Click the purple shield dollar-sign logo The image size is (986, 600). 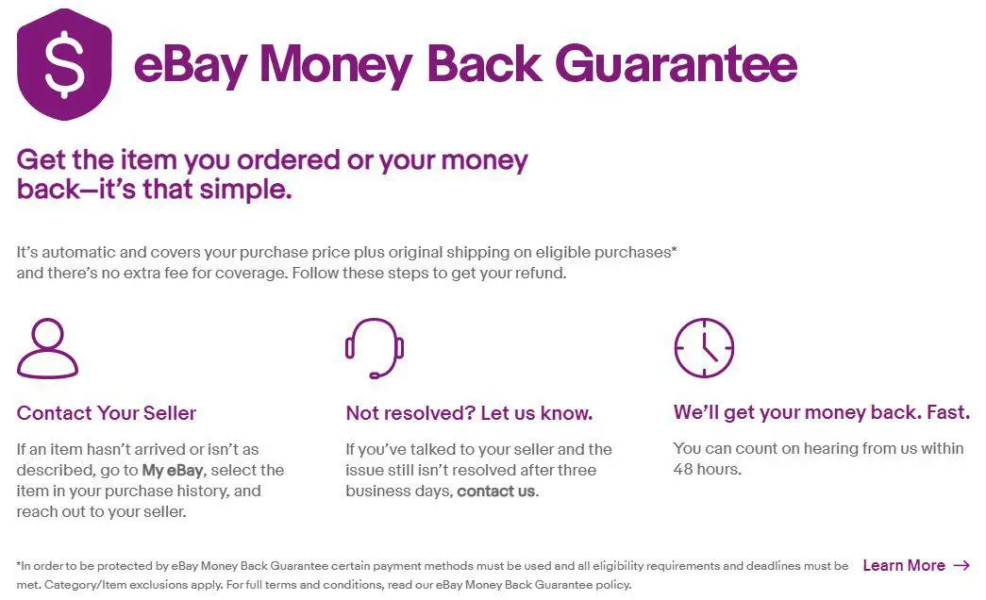pyautogui.click(x=64, y=64)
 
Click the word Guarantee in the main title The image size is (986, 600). pyautogui.click(x=676, y=64)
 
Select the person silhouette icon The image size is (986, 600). pyautogui.click(x=47, y=349)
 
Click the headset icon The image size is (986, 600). pyautogui.click(x=375, y=347)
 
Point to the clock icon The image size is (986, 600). pyautogui.click(x=704, y=347)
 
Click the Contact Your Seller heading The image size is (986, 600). pyautogui.click(x=107, y=413)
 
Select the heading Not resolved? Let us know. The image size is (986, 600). pyautogui.click(x=469, y=413)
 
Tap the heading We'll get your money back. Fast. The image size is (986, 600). pyautogui.click(x=821, y=413)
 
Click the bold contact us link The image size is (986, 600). pyautogui.click(x=495, y=492)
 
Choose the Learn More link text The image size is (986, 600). pyautogui.click(x=903, y=565)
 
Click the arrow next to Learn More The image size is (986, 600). pyautogui.click(x=961, y=565)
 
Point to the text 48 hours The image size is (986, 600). pyautogui.click(x=707, y=469)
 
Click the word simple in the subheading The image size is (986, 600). pyautogui.click(x=246, y=189)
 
